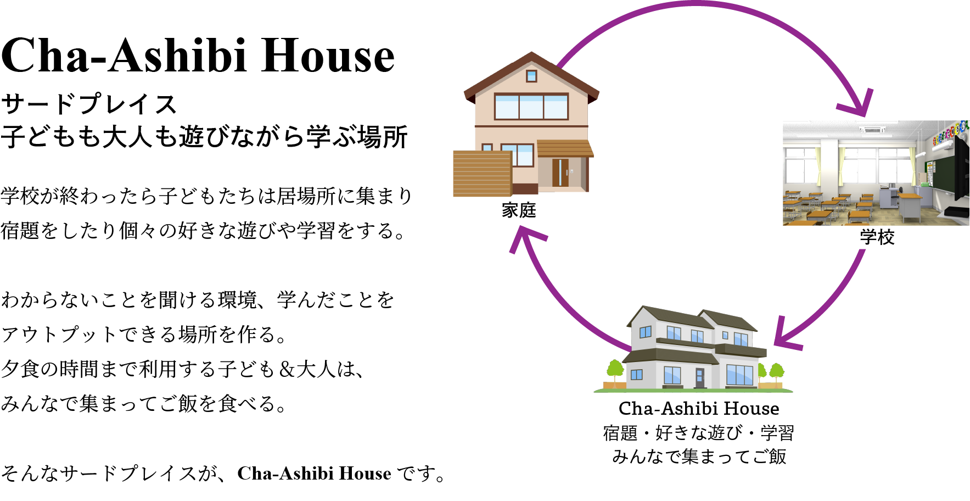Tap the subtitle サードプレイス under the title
pos(89,104)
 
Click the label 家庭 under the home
pos(519,210)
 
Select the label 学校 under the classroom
pos(877,237)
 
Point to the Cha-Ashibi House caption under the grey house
pos(699,408)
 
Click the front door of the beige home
pos(560,172)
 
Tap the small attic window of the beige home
pos(531,75)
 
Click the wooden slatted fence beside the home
pos(483,174)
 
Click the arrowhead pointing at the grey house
pos(786,336)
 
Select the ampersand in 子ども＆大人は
pos(286,369)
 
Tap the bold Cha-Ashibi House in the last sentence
pos(314,473)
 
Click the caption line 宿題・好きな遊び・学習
pos(698,433)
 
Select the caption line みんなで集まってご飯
pos(699,457)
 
